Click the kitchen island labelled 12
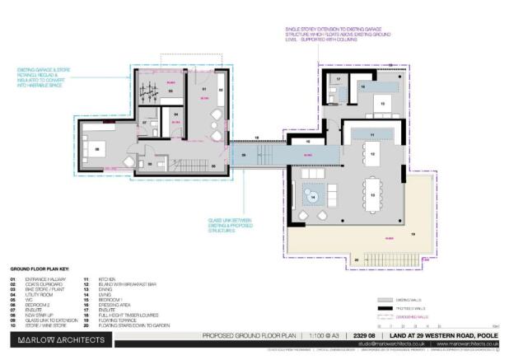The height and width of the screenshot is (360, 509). pos(372,152)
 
